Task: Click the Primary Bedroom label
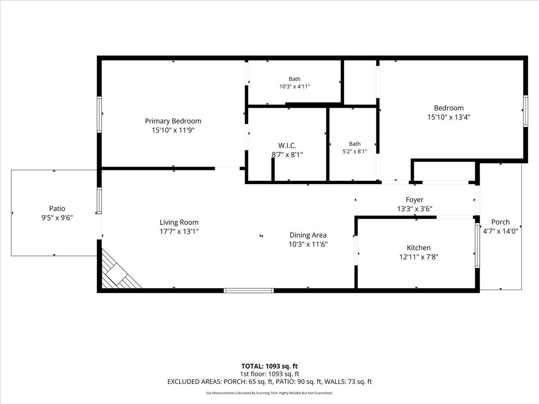click(x=173, y=121)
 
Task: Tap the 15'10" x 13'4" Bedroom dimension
click(x=449, y=117)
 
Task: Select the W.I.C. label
click(x=287, y=145)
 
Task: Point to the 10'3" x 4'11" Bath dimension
click(x=294, y=86)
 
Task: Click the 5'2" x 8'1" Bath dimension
click(x=354, y=151)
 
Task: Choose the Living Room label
click(x=179, y=222)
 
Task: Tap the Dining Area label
click(x=308, y=235)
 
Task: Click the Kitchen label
click(x=419, y=248)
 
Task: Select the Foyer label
click(x=415, y=200)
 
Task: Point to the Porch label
click(x=500, y=222)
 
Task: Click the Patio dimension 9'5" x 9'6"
click(x=57, y=218)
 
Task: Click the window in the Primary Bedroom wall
click(x=99, y=114)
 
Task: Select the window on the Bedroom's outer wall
click(x=526, y=111)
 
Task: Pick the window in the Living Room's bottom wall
click(x=249, y=290)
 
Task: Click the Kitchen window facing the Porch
click(x=477, y=245)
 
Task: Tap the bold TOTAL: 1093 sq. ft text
click(x=269, y=366)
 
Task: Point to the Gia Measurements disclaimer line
click(x=269, y=393)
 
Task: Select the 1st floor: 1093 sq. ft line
click(x=269, y=374)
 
